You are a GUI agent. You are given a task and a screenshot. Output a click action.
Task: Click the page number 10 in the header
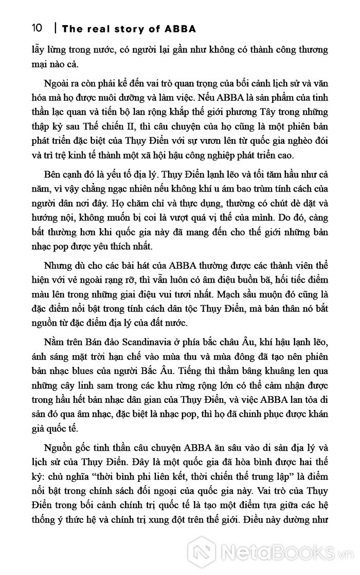pos(37,28)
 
